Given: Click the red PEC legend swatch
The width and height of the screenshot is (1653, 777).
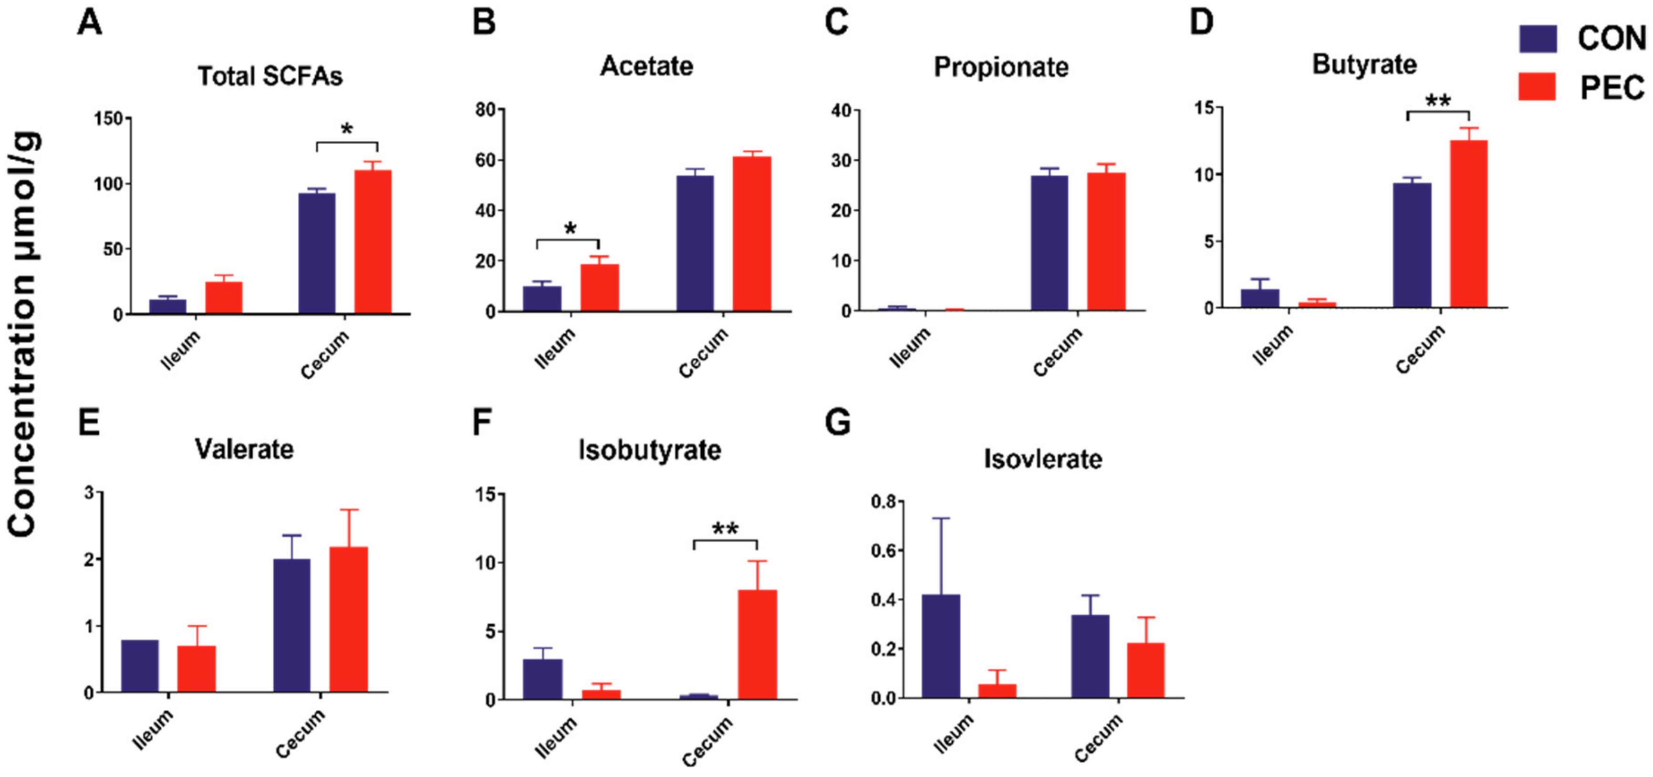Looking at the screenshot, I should coord(1537,87).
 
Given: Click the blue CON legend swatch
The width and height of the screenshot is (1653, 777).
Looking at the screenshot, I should coord(1538,39).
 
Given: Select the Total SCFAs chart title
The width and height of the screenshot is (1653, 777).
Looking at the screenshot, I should coord(270,76).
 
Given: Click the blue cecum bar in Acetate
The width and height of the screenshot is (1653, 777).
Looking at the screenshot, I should coord(695,243).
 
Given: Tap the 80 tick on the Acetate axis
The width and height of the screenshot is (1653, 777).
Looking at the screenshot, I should coord(486,110).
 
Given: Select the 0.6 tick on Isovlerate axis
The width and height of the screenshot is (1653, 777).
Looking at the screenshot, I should coord(884,550).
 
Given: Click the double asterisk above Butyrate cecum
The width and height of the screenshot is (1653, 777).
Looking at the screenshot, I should coord(1437,101).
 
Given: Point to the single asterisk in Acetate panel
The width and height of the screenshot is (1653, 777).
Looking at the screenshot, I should coord(570,228).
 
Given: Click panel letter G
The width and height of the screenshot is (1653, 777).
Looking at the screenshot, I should coord(837,423).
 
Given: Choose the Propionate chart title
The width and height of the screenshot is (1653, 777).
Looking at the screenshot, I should coord(1000,67).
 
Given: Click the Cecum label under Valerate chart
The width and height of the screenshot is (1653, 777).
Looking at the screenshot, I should coord(300,734).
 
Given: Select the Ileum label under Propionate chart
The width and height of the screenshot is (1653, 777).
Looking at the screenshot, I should coord(909,348).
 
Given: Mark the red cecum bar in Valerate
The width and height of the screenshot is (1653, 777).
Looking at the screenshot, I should coord(348,619).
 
